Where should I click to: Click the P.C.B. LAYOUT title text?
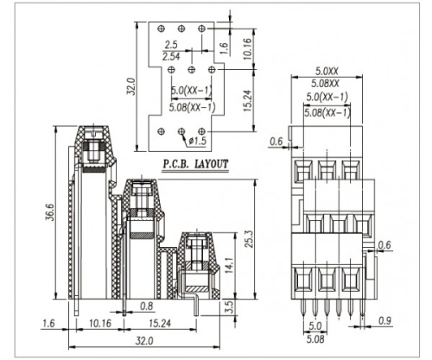tap(196, 164)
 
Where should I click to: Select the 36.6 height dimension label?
tap(50, 212)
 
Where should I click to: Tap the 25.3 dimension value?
tap(249, 239)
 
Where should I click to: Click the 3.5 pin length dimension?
tap(230, 307)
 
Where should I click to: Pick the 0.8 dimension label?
tap(147, 306)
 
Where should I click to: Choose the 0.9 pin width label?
tap(385, 320)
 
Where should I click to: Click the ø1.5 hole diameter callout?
tap(198, 141)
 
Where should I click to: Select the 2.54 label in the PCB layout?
tap(171, 56)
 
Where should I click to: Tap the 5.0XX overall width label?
tap(327, 71)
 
